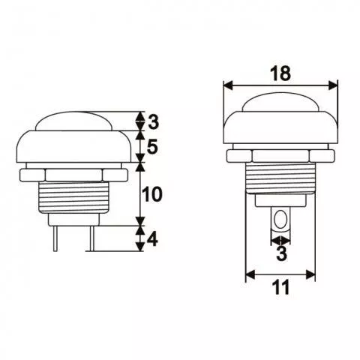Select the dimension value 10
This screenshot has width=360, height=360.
(152, 194)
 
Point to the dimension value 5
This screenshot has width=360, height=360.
(152, 148)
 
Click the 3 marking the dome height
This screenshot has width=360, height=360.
(152, 121)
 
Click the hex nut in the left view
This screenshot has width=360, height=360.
(71, 174)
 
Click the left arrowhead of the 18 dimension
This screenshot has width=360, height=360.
(228, 84)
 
